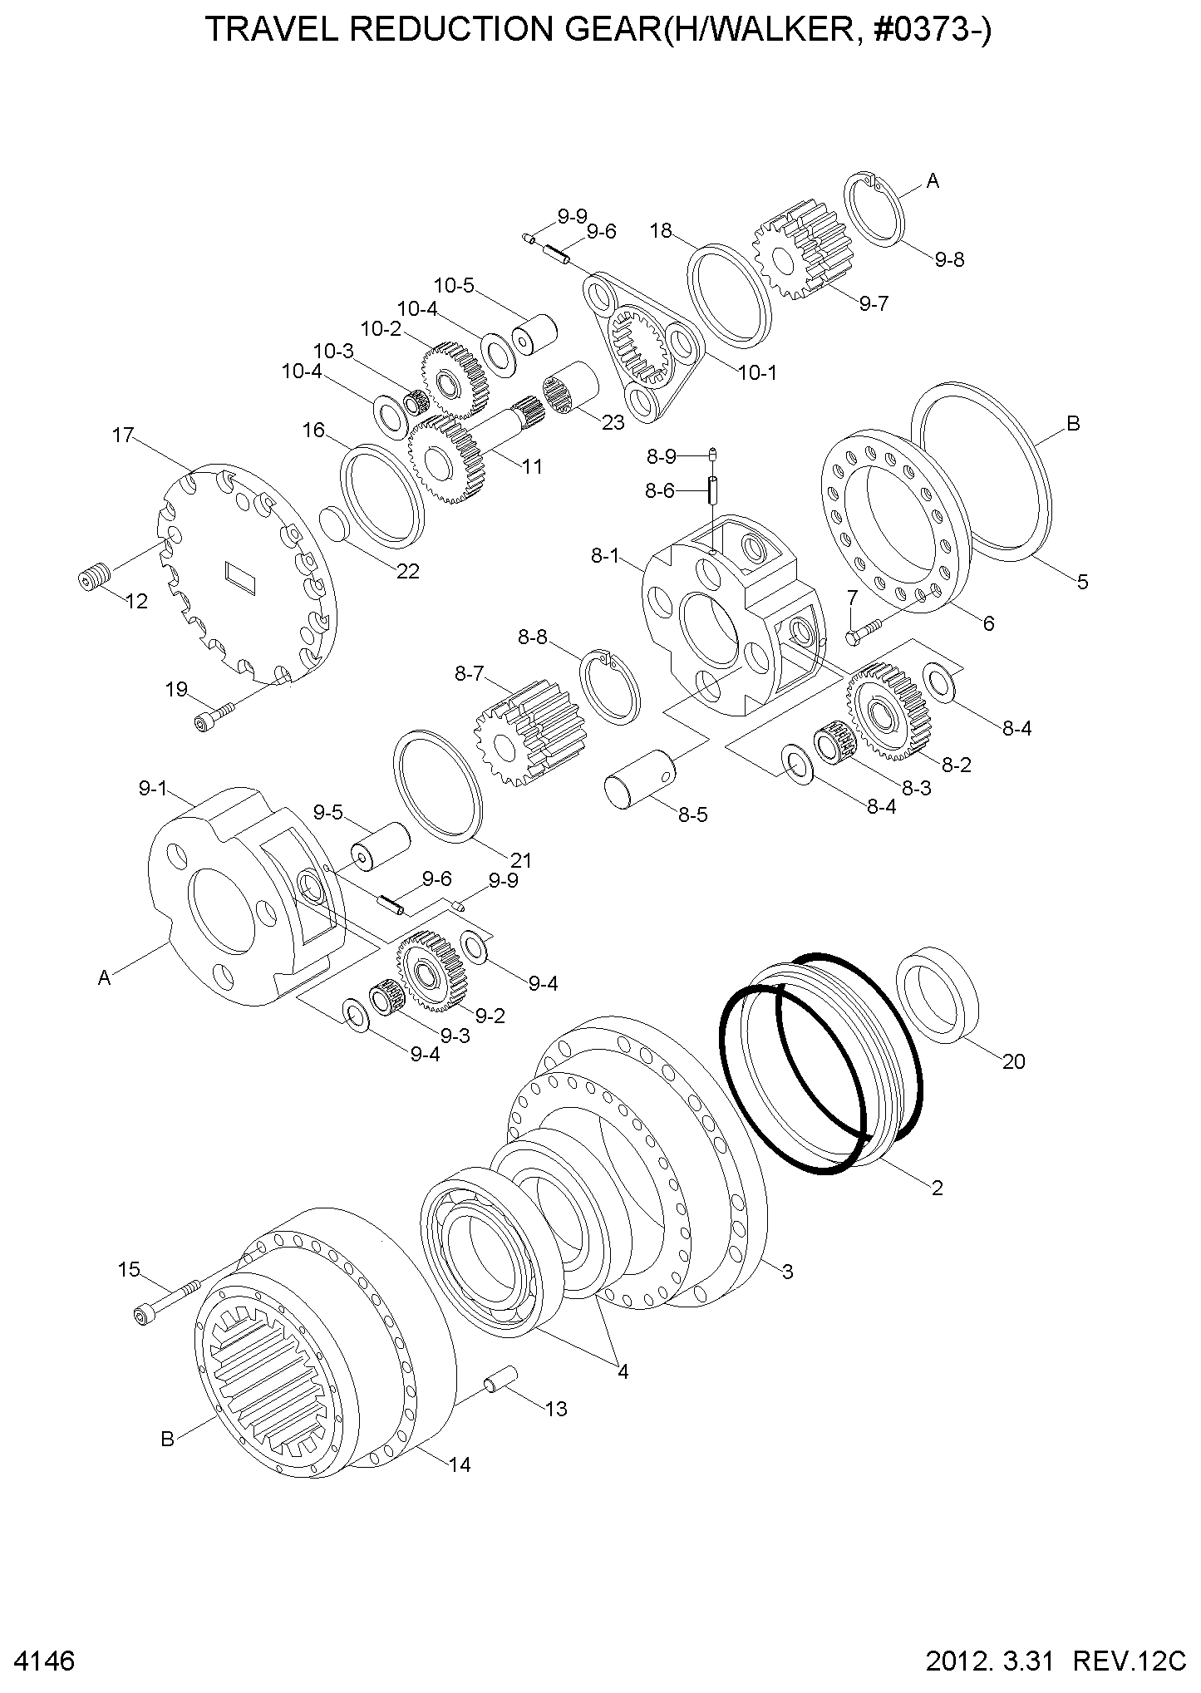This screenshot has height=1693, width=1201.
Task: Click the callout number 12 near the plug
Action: pyautogui.click(x=135, y=601)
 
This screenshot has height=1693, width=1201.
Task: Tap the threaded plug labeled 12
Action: pyautogui.click(x=94, y=578)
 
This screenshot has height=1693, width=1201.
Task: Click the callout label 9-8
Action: pyautogui.click(x=948, y=259)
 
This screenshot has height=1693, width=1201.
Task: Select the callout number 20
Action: pyautogui.click(x=1013, y=1061)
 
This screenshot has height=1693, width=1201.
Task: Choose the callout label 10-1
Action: pyautogui.click(x=757, y=372)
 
